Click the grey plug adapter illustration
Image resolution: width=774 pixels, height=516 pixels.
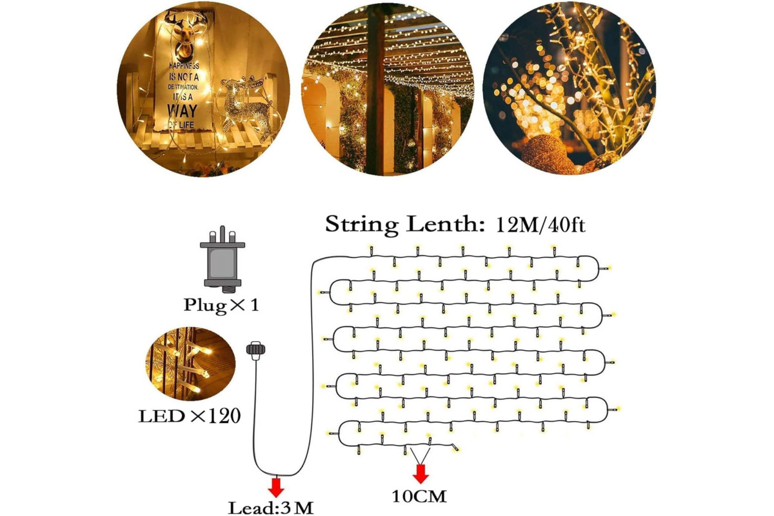pos(223,259)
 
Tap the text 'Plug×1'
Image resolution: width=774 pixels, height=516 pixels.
pos(221,305)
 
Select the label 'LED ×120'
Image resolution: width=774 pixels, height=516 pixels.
pos(190,416)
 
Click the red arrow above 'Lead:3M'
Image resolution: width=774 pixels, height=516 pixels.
pos(276,487)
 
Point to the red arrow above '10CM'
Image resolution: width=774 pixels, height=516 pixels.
pos(421,474)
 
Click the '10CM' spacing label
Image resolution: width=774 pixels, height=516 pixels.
pos(419,497)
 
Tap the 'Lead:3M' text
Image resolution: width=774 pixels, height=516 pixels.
pos(271,508)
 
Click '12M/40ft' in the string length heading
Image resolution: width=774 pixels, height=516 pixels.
pos(541,225)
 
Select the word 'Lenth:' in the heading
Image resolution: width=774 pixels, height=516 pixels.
pos(446,224)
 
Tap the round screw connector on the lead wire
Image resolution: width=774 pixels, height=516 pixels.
pos(255,350)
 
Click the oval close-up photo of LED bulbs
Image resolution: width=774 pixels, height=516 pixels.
pos(190,364)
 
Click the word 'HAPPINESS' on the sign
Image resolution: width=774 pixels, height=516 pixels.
pos(184,66)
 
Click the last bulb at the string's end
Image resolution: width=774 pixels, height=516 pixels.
pos(455,448)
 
